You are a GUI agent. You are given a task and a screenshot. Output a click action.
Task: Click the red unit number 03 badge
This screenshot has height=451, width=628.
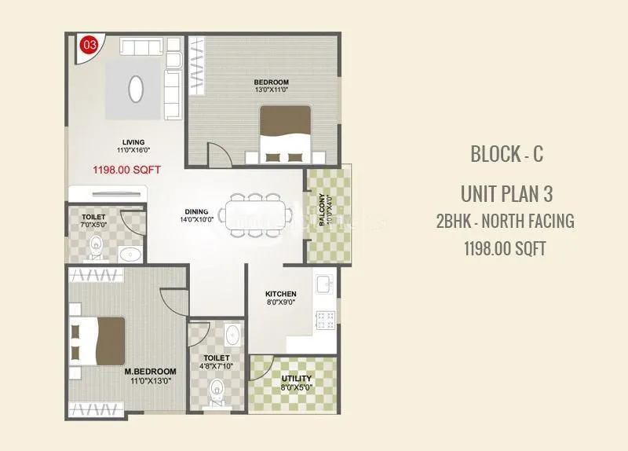(89, 46)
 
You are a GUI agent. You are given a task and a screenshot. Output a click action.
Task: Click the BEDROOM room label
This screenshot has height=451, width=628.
(271, 82)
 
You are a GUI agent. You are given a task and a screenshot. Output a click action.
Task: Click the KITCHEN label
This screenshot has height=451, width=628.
(280, 295)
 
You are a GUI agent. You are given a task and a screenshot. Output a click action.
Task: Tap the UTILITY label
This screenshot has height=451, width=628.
(296, 379)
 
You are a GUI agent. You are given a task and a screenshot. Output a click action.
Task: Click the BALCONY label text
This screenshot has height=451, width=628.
(321, 211)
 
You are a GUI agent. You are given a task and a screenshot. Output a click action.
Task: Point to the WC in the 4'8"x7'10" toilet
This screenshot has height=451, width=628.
(216, 389)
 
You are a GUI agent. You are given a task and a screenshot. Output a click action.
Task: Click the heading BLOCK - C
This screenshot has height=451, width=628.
(506, 154)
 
